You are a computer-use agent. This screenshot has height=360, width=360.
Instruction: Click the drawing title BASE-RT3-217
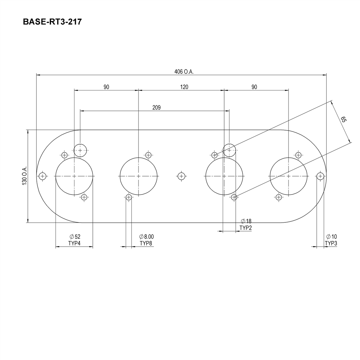(x=52, y=22)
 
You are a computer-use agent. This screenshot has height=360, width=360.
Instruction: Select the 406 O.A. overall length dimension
(x=184, y=72)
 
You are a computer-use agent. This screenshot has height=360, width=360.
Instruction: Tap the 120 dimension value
(x=184, y=87)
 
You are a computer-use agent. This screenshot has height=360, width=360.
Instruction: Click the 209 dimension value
(x=156, y=108)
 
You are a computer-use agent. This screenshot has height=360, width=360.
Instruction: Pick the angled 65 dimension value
(x=343, y=120)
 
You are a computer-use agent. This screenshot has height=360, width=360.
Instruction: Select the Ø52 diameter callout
(x=75, y=237)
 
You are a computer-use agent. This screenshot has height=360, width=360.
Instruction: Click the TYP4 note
(x=74, y=243)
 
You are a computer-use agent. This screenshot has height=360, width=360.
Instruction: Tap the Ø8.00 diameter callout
(x=146, y=237)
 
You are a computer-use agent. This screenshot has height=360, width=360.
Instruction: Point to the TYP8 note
(x=146, y=243)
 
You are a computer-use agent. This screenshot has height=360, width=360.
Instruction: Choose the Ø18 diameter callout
(x=246, y=221)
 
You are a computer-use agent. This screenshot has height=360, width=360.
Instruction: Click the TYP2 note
(x=246, y=228)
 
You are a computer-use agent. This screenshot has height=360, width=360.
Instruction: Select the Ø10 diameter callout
(x=331, y=237)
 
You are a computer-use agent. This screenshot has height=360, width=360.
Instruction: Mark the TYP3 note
(x=331, y=243)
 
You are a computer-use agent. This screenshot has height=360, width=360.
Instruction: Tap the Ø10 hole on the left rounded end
(x=43, y=176)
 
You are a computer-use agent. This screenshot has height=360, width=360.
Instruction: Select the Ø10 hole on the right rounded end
(x=320, y=176)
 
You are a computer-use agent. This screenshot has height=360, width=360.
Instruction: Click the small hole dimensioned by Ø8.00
(x=129, y=197)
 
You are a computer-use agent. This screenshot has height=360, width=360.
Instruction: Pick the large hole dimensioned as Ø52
(x=74, y=176)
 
